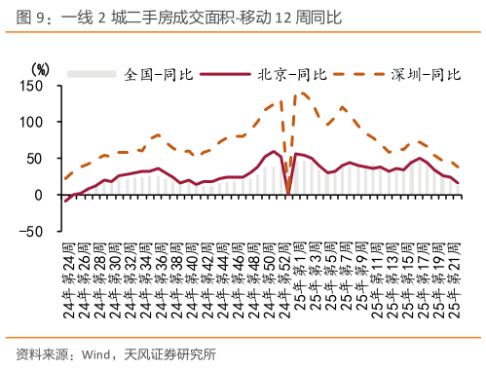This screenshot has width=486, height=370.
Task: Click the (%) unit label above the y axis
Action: (x=40, y=69)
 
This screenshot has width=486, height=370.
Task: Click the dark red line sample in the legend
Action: (x=231, y=74)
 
